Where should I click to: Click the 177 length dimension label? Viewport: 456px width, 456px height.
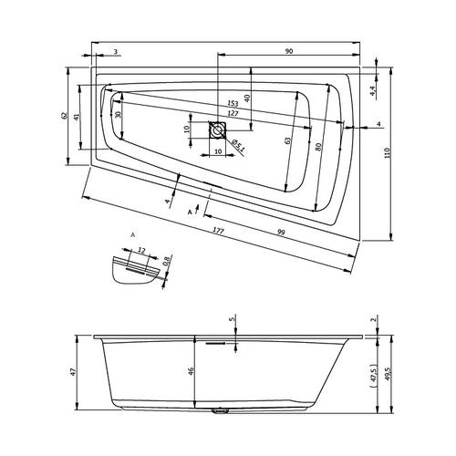pos(218,231)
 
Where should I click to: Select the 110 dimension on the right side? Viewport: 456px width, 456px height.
pos(387,153)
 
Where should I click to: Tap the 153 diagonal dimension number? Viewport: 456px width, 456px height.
pos(233,103)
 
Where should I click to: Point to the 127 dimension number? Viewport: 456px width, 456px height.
pos(233,114)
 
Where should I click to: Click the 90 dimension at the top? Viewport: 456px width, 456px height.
pos(289,51)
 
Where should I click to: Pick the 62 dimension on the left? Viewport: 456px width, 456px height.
pos(64,116)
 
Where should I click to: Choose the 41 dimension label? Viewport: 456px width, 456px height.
pos(77,117)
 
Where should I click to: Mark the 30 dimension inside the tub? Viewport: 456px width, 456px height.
pos(119,115)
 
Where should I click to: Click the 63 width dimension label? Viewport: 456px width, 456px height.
pos(288,140)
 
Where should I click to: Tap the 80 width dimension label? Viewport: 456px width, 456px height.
pos(318,147)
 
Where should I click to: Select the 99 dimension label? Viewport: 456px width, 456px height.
pos(281,233)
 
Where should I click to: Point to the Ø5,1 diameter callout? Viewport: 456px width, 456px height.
pos(238,145)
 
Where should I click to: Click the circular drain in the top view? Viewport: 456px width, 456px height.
pos(217,130)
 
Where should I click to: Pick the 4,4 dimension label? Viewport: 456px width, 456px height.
pos(373,91)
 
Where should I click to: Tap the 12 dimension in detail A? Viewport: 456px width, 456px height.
pos(141,250)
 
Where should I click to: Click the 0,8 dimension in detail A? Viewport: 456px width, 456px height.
pos(166,261)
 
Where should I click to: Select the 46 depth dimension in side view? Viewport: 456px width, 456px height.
pos(191,371)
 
